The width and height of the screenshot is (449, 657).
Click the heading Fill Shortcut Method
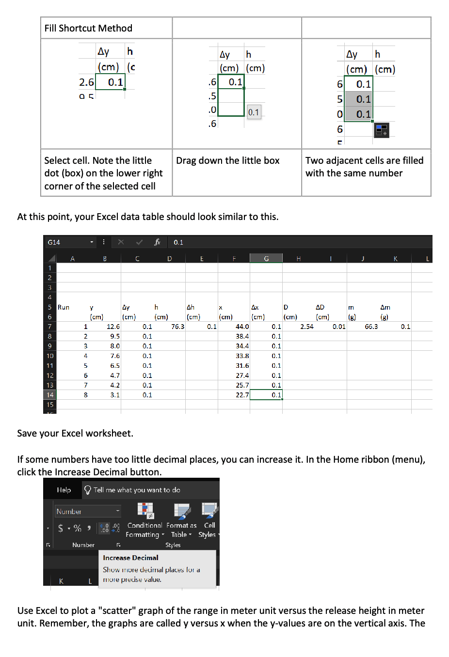[88, 28]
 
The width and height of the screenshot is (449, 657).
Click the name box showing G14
[68, 242]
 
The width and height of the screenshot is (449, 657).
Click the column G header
[266, 259]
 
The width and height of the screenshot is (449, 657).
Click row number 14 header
[50, 395]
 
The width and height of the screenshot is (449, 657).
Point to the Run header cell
[64, 307]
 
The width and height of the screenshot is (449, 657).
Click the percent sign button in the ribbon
[78, 528]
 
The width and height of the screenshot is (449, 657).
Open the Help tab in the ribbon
[64, 490]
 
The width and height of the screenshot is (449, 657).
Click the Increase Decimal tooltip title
[130, 558]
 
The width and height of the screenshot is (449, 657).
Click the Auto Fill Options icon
[382, 130]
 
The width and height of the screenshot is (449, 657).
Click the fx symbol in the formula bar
[157, 242]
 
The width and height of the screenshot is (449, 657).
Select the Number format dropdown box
[88, 511]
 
